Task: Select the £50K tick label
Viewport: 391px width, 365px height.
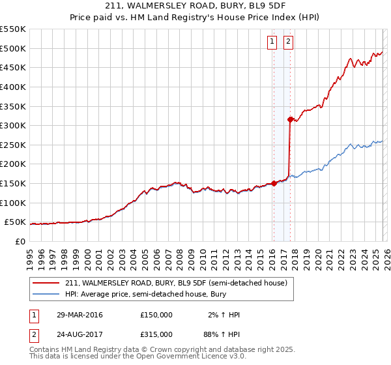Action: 15,222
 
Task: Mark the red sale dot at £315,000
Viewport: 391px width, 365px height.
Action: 290,119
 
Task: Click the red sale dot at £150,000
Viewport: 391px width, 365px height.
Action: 274,183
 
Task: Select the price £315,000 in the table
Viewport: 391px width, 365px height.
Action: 156,334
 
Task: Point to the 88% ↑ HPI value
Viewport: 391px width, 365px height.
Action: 224,334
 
